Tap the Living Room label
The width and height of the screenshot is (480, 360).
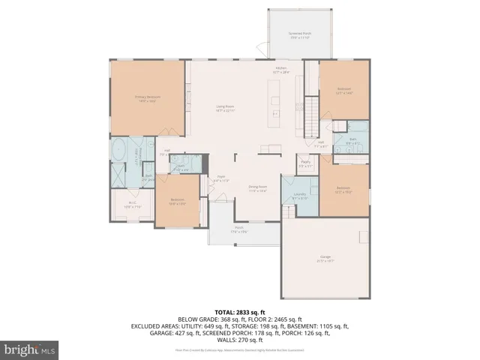click(x=226, y=109)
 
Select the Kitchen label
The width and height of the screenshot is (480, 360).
click(x=281, y=70)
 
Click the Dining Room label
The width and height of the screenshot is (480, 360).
click(x=258, y=189)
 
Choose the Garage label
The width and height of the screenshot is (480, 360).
click(x=325, y=259)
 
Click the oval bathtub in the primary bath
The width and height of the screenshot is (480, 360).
click(x=119, y=151)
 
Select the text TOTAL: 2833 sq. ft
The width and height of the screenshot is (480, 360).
click(x=240, y=311)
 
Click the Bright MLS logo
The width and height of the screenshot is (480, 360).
click(x=30, y=349)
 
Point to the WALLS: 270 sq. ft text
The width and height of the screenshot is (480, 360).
click(x=240, y=341)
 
